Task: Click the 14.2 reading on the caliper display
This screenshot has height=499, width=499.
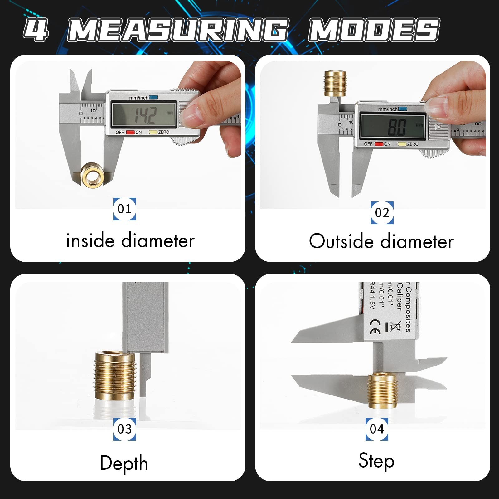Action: coord(145,115)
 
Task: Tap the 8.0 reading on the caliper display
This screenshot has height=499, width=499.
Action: coord(397,127)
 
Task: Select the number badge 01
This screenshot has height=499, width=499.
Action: coord(124,209)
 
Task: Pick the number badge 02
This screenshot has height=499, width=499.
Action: coord(382,213)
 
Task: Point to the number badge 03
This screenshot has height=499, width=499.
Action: coord(124,429)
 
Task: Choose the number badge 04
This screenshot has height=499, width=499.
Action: coord(377,429)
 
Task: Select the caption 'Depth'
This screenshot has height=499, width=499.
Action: coord(124,463)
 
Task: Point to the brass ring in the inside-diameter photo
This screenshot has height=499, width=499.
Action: coord(92,175)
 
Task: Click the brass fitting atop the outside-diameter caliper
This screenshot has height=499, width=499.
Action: coord(335,83)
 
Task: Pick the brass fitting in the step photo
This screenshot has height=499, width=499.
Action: coord(382,390)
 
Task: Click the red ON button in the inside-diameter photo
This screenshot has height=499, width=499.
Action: coord(130,133)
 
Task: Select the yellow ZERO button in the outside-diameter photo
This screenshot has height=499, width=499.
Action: coord(402,144)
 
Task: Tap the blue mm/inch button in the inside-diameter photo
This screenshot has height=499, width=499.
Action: coord(153,98)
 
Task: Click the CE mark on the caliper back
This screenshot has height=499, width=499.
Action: coord(375,327)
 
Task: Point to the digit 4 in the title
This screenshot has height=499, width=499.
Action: coord(36,30)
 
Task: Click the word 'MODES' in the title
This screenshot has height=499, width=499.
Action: coord(374,30)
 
